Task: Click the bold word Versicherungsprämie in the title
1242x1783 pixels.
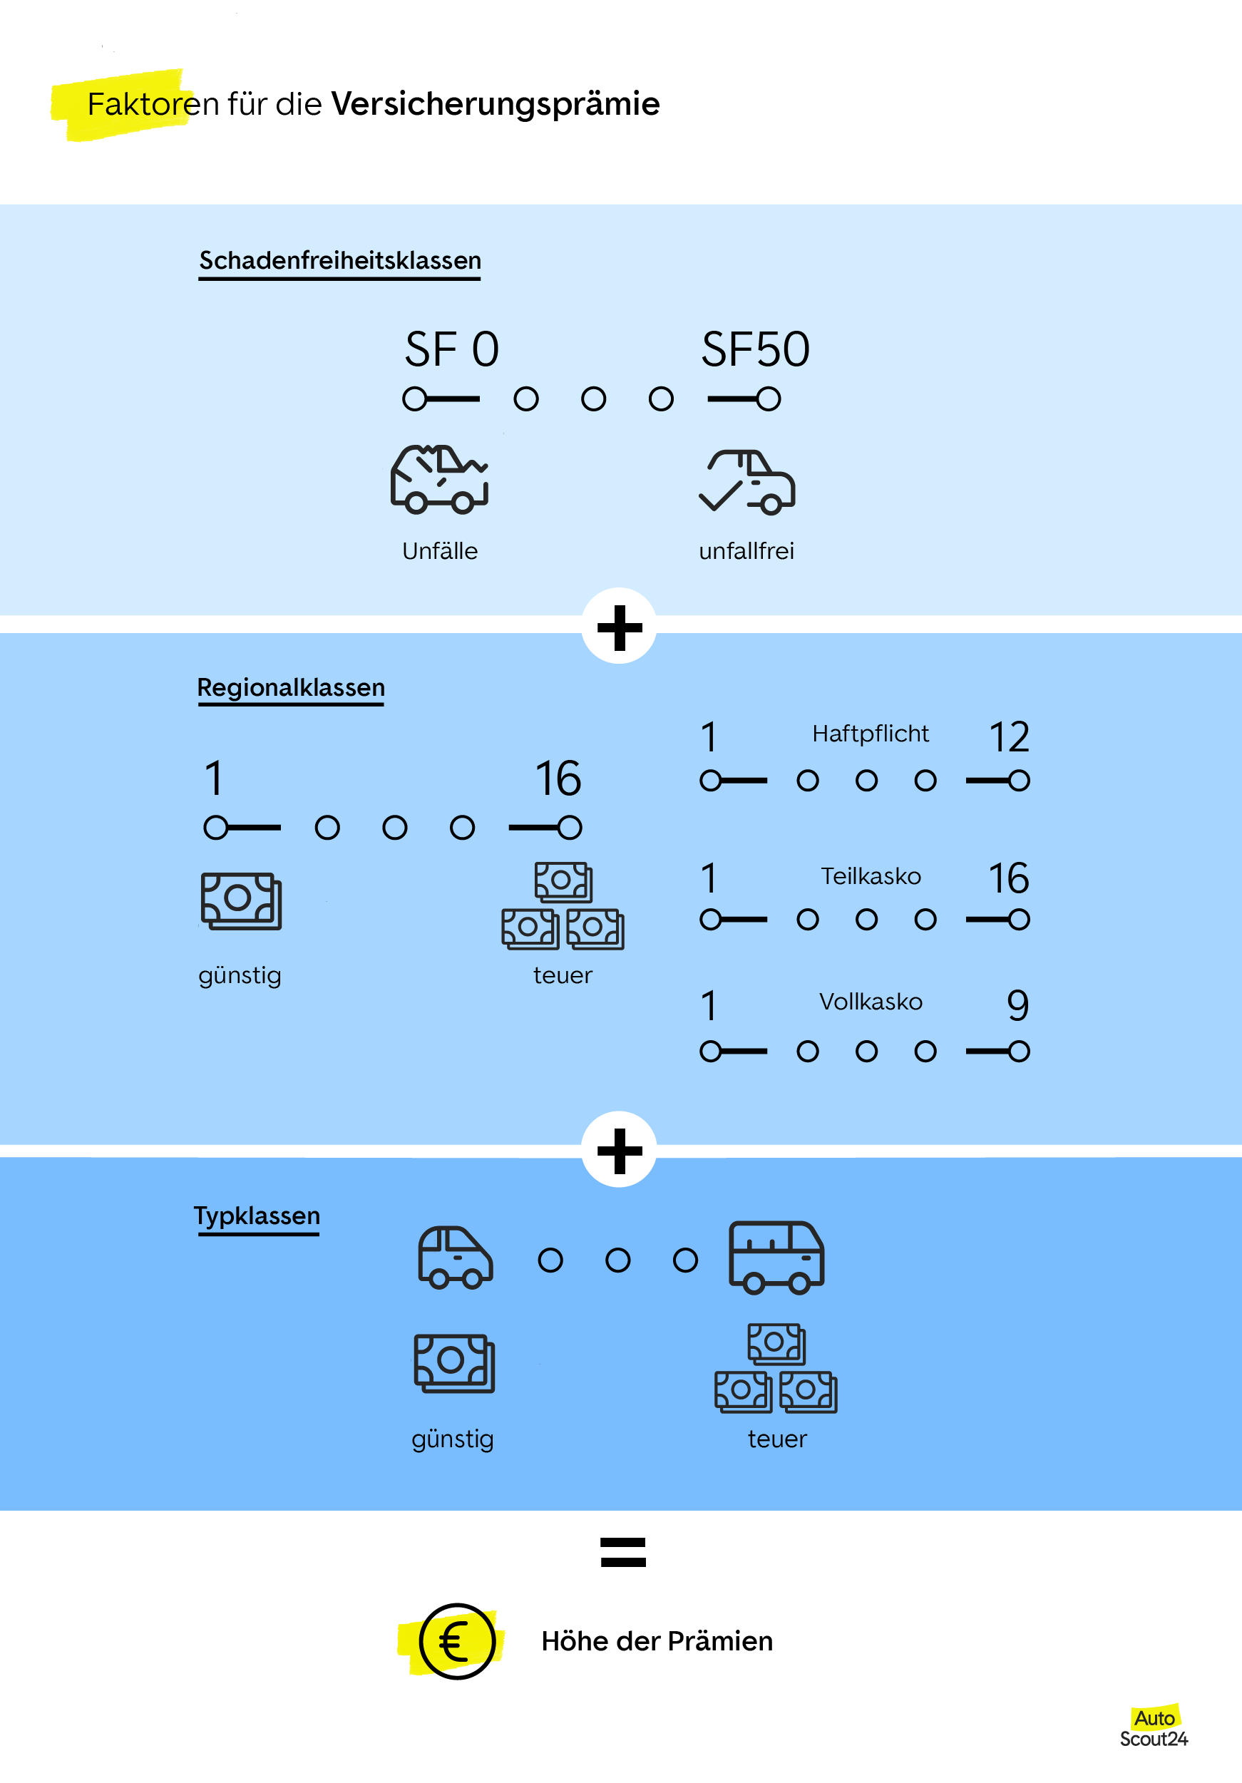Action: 495,104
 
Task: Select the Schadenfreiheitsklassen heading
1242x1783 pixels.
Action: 339,260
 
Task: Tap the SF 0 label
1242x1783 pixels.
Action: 451,349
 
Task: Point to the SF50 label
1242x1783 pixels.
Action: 755,349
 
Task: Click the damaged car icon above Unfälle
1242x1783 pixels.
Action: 439,479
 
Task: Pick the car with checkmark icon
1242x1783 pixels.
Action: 747,481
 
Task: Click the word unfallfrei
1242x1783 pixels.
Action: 746,550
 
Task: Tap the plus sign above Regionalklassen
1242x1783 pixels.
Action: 619,627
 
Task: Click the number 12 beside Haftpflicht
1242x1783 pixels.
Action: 1008,736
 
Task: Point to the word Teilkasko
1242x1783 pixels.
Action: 870,876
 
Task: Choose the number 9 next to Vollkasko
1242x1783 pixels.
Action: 1017,1005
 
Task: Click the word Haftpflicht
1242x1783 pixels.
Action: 870,733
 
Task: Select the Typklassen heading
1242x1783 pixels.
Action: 257,1216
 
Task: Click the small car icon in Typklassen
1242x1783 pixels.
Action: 454,1258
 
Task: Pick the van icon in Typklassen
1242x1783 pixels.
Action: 775,1256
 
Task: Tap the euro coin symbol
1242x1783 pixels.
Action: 457,1641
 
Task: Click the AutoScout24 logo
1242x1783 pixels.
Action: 1154,1728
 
